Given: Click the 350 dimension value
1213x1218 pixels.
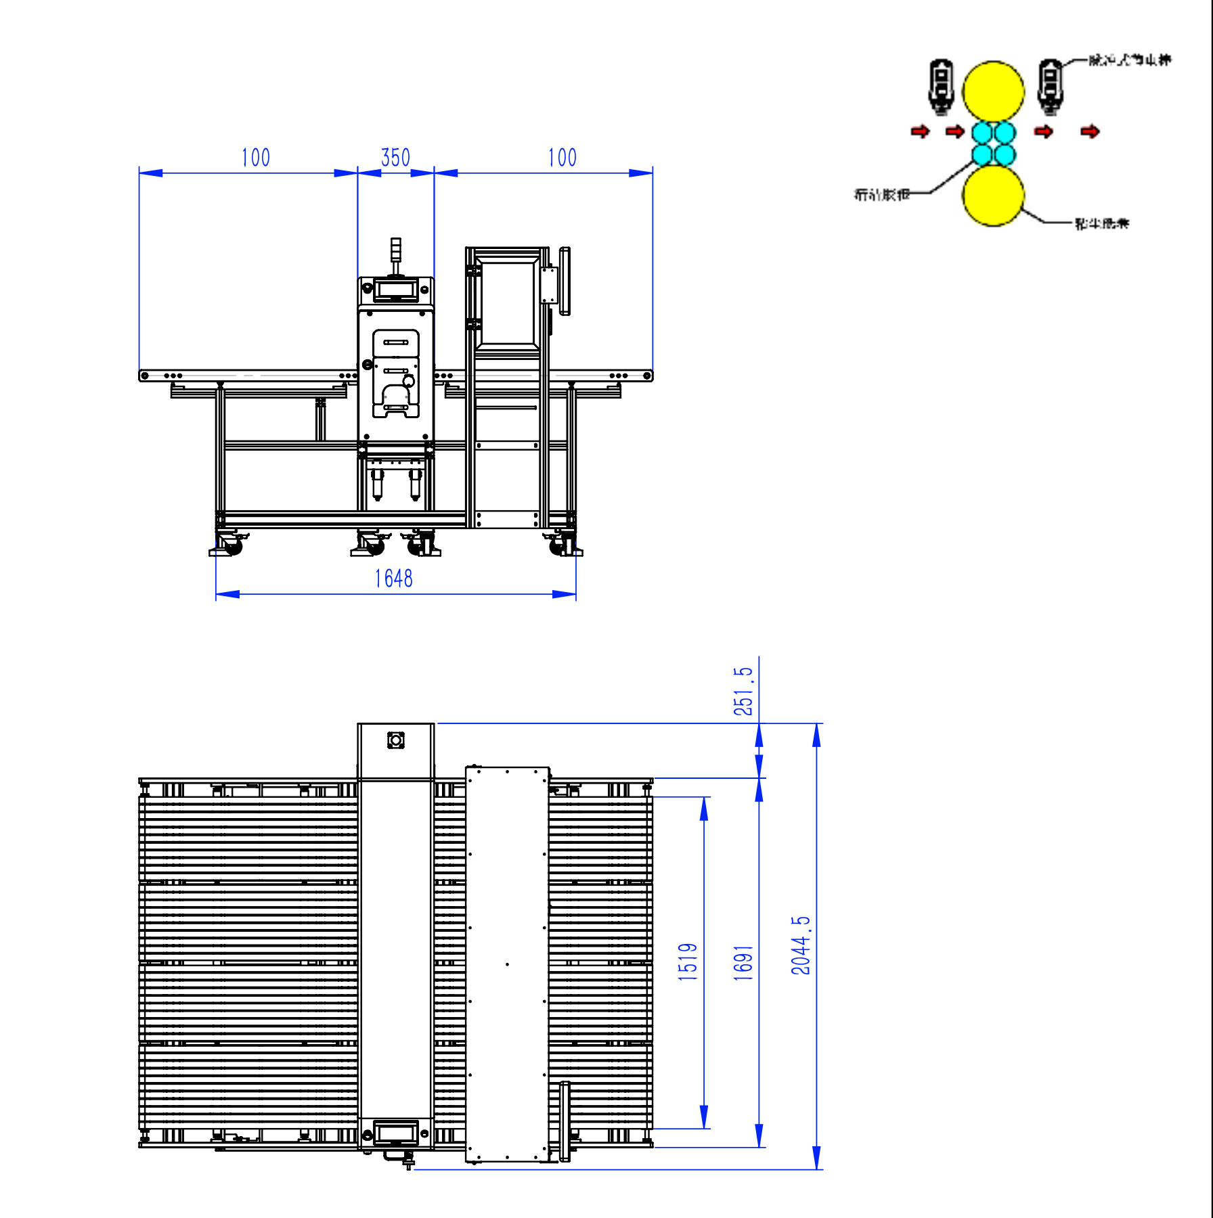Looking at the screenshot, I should [x=395, y=158].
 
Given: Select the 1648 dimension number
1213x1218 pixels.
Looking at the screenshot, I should [x=393, y=579].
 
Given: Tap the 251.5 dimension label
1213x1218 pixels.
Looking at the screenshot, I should [x=743, y=691].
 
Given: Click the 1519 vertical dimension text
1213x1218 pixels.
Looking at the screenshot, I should [x=687, y=962].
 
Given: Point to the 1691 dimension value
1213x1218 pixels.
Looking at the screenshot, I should [x=743, y=963].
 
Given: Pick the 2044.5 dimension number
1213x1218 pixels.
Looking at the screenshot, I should [x=800, y=945].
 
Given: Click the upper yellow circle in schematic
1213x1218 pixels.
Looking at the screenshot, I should [x=993, y=91].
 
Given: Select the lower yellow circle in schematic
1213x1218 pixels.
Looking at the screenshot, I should [x=993, y=196].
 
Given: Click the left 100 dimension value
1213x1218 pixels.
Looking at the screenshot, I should [x=255, y=158].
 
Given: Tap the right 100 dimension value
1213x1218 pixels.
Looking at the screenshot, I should [x=562, y=158].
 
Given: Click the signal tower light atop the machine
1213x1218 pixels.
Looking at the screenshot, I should [x=395, y=250].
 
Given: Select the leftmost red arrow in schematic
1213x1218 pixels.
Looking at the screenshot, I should [x=920, y=131].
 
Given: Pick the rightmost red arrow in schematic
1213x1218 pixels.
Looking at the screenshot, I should [x=1090, y=131].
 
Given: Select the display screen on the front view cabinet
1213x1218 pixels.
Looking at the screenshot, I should [x=396, y=290].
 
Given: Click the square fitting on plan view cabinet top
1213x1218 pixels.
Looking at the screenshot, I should [x=396, y=740].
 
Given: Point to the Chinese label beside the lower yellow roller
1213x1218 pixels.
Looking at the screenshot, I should [x=1101, y=223].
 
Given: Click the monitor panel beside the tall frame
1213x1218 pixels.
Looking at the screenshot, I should [x=565, y=281].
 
